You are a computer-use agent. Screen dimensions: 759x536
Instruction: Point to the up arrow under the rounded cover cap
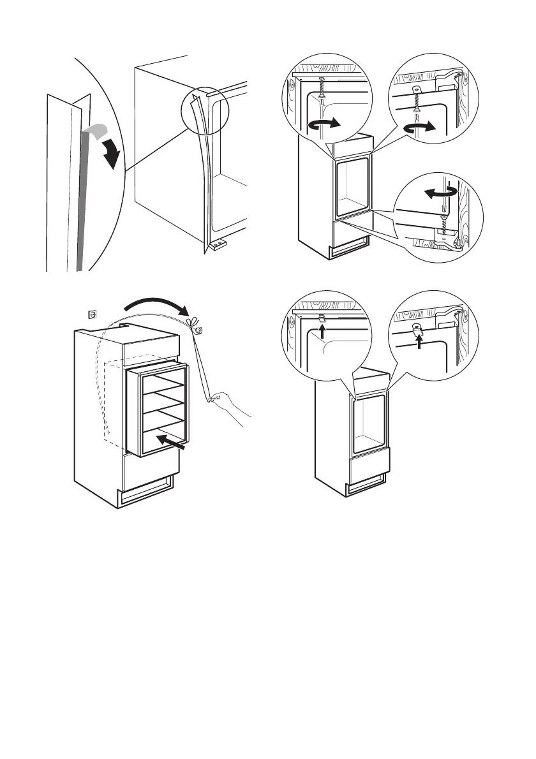click(419, 343)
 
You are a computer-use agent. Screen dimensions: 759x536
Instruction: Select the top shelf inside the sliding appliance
click(165, 384)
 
